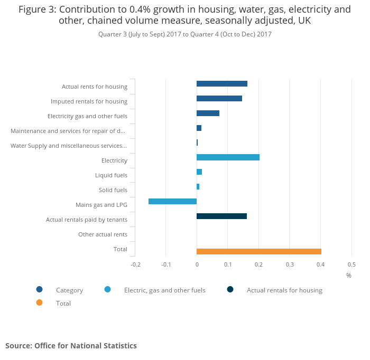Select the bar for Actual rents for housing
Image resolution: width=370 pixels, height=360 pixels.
(x=221, y=84)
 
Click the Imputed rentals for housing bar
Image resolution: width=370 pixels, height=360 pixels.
(x=219, y=99)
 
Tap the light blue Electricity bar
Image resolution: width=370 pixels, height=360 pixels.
(x=228, y=157)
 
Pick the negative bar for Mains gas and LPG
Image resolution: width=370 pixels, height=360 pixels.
(x=172, y=201)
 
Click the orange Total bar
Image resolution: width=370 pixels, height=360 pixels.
(x=258, y=251)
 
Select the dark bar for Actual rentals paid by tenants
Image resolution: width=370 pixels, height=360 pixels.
(x=221, y=216)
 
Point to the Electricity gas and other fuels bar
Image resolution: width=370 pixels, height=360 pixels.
(x=208, y=113)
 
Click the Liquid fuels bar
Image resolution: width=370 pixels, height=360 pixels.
(x=199, y=172)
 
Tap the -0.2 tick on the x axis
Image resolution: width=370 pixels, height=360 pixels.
(x=135, y=264)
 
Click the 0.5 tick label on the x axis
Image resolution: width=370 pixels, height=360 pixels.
(x=351, y=264)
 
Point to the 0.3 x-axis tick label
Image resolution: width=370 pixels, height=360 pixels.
(x=290, y=264)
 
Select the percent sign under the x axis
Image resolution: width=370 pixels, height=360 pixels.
(x=349, y=276)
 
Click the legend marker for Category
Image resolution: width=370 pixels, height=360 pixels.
(x=39, y=289)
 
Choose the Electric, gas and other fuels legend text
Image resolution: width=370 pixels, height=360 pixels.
(x=164, y=290)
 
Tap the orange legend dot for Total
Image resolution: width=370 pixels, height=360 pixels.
(x=39, y=302)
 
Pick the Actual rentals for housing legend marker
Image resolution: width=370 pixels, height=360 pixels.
(x=230, y=289)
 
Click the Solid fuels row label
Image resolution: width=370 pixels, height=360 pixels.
(x=113, y=190)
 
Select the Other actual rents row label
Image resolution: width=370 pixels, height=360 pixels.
(x=103, y=234)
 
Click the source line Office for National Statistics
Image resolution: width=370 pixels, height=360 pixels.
(x=71, y=346)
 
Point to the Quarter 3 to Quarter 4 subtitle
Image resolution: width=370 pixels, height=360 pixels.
(x=184, y=34)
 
